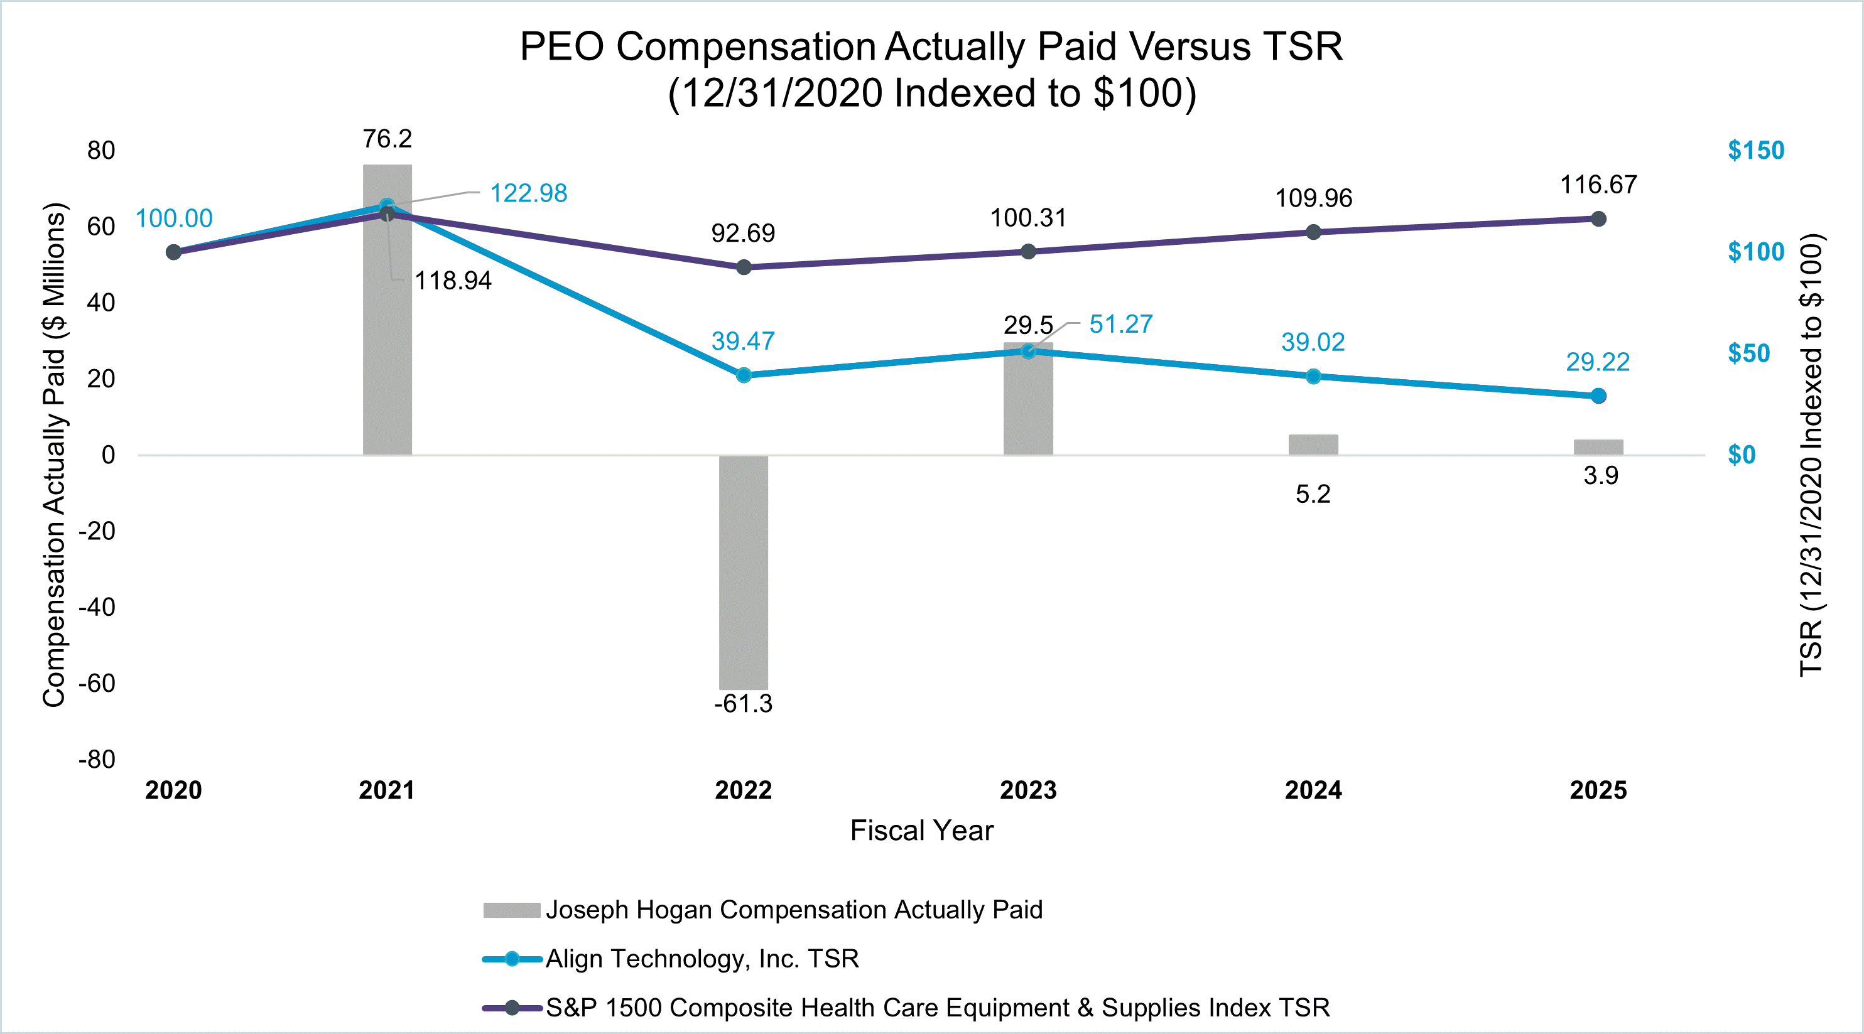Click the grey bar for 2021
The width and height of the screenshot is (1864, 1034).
point(387,326)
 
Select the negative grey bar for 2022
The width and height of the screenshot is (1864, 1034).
point(743,572)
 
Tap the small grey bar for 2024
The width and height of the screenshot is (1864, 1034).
point(1313,444)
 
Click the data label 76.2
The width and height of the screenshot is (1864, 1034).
point(387,139)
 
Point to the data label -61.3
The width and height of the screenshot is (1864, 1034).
point(743,703)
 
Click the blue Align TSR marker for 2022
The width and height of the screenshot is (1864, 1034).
point(744,375)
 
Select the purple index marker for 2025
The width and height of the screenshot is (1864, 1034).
point(1598,218)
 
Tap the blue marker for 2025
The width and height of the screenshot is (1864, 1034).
point(1598,396)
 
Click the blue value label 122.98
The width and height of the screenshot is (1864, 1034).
point(528,193)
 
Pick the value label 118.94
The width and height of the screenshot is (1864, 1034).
point(452,281)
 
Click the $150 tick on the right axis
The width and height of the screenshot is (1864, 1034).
point(1755,151)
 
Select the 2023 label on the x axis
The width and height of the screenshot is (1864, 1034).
point(1027,789)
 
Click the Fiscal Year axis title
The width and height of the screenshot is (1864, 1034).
point(921,830)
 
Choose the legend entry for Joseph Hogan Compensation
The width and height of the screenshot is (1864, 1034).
point(793,910)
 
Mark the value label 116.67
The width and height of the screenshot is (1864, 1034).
point(1598,185)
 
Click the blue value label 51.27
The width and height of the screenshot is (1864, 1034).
point(1120,324)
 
